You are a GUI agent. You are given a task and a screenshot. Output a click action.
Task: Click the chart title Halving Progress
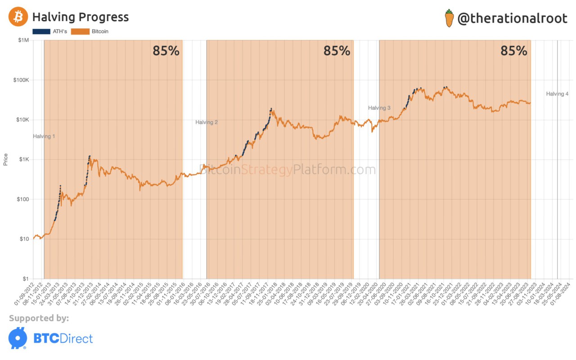81,17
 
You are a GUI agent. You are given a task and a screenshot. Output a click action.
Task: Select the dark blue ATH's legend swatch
41,31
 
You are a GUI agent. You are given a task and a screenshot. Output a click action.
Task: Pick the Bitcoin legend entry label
100,31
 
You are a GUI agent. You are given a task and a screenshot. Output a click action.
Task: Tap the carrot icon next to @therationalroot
449,18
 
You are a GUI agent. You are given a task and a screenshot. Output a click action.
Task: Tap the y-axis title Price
6,159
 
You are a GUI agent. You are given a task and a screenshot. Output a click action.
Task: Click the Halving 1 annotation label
44,136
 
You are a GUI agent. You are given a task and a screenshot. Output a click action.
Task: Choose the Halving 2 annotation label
207,122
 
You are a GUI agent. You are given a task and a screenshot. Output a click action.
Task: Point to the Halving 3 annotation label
379,108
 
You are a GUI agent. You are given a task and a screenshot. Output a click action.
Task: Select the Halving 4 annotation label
558,94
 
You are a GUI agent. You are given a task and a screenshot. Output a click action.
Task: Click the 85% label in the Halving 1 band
166,51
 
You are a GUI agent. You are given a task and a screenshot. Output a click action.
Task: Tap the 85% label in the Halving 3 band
514,51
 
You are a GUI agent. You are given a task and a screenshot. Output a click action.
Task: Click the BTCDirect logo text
63,338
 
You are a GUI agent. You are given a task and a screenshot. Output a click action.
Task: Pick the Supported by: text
39,319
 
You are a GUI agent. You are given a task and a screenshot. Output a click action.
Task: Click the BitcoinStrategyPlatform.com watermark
288,170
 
